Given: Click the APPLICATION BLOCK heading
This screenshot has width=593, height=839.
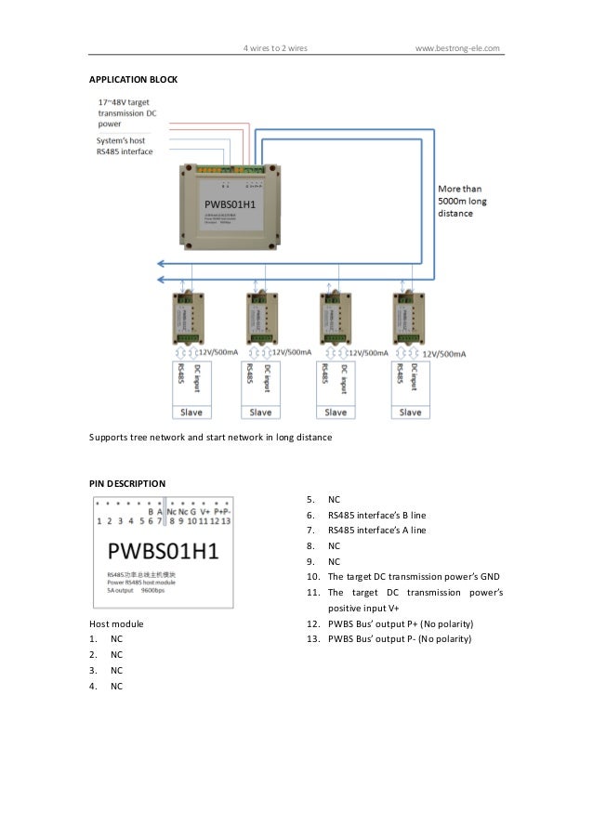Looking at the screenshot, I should (132, 81).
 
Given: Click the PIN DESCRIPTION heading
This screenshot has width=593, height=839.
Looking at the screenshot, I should (127, 483).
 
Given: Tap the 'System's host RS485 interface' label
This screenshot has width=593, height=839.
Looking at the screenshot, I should (125, 145).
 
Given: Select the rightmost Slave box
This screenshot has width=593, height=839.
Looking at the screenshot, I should (410, 412).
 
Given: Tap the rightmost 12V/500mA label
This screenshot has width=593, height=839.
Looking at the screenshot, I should (443, 354).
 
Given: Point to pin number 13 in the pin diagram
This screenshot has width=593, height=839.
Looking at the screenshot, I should (226, 521).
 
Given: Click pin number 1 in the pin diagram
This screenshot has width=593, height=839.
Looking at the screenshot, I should (99, 521).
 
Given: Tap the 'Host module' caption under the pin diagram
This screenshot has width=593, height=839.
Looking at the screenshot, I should (115, 623).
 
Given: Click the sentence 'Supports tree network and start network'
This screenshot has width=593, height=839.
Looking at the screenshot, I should (209, 436).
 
